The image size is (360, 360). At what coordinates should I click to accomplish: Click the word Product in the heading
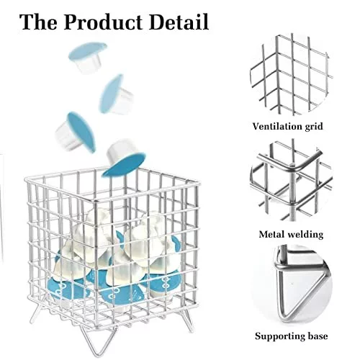click(104, 22)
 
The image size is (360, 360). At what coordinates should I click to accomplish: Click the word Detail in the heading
click(179, 22)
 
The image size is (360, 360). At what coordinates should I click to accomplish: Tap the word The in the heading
click(39, 22)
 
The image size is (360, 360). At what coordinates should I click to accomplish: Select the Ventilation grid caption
click(287, 126)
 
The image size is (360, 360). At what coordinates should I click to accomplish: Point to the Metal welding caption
click(291, 234)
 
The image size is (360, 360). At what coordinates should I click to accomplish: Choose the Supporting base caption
click(291, 336)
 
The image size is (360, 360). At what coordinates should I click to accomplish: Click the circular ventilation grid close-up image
click(291, 74)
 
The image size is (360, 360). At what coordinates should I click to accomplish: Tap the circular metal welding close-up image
click(291, 181)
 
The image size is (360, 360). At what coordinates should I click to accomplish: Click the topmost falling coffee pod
click(88, 58)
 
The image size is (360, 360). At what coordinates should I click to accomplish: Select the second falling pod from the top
click(116, 94)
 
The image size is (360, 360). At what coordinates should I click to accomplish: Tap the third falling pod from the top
click(75, 132)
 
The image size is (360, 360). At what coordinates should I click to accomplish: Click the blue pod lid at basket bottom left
click(64, 289)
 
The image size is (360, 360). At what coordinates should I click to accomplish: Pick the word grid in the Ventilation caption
click(314, 127)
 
